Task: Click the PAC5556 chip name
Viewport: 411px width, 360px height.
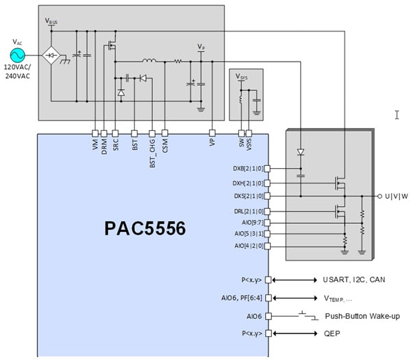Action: tap(144, 228)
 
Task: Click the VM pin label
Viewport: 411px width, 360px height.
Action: tap(95, 144)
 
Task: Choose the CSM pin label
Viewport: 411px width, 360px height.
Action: tap(164, 144)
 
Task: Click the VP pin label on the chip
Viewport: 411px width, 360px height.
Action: tap(212, 144)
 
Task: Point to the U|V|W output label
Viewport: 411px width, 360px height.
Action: tap(397, 196)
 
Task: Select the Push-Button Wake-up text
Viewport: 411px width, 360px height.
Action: tap(363, 316)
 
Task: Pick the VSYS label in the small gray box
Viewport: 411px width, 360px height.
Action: tap(242, 76)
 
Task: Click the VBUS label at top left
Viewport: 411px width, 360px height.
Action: tap(51, 21)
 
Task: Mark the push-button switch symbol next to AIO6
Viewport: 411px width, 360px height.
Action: tap(309, 316)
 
